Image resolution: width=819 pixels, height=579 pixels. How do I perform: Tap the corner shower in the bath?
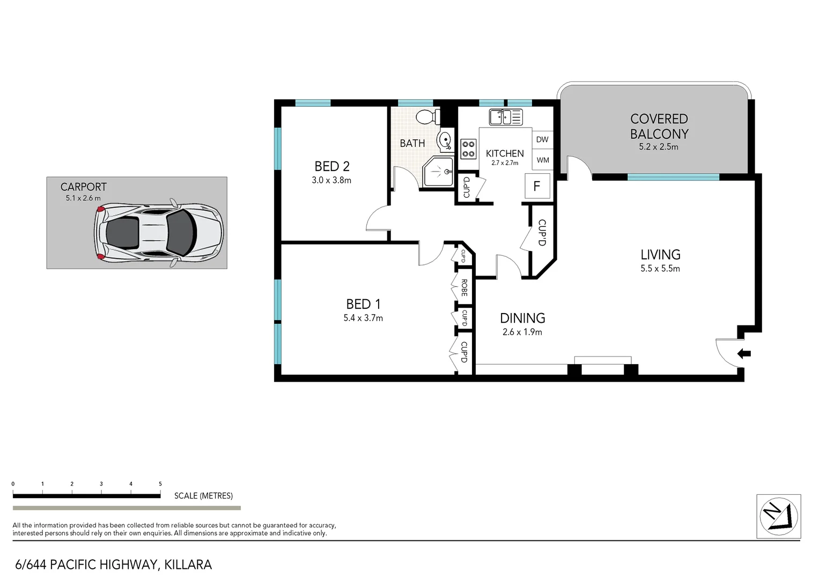[x=439, y=172]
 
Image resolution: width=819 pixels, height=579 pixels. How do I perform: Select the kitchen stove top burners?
[x=468, y=149]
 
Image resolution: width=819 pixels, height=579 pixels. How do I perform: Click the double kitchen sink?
[x=505, y=116]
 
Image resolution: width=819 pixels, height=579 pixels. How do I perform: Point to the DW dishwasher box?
[x=542, y=139]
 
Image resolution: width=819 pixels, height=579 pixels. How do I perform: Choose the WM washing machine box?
[x=542, y=160]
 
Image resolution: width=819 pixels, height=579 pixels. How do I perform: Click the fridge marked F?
[x=536, y=187]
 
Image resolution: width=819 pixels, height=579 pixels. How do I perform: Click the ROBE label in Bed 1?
[x=464, y=288]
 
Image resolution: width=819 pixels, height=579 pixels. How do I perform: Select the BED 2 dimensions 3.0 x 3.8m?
[x=331, y=181]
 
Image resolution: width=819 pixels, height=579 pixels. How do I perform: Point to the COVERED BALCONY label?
[x=659, y=127]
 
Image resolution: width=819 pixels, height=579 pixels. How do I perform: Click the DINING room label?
[x=522, y=318]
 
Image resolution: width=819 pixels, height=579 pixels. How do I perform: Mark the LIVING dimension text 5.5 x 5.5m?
[x=660, y=269]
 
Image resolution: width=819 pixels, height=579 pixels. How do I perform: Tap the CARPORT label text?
[x=83, y=187]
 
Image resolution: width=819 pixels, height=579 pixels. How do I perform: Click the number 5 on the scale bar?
[x=160, y=484]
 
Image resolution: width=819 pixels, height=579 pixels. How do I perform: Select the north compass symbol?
[x=778, y=516]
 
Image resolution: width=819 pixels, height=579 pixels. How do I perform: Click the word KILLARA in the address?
[x=188, y=565]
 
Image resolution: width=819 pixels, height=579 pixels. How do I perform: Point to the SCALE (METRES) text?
[x=203, y=496]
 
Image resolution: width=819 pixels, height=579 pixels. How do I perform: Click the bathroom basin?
[x=445, y=141]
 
